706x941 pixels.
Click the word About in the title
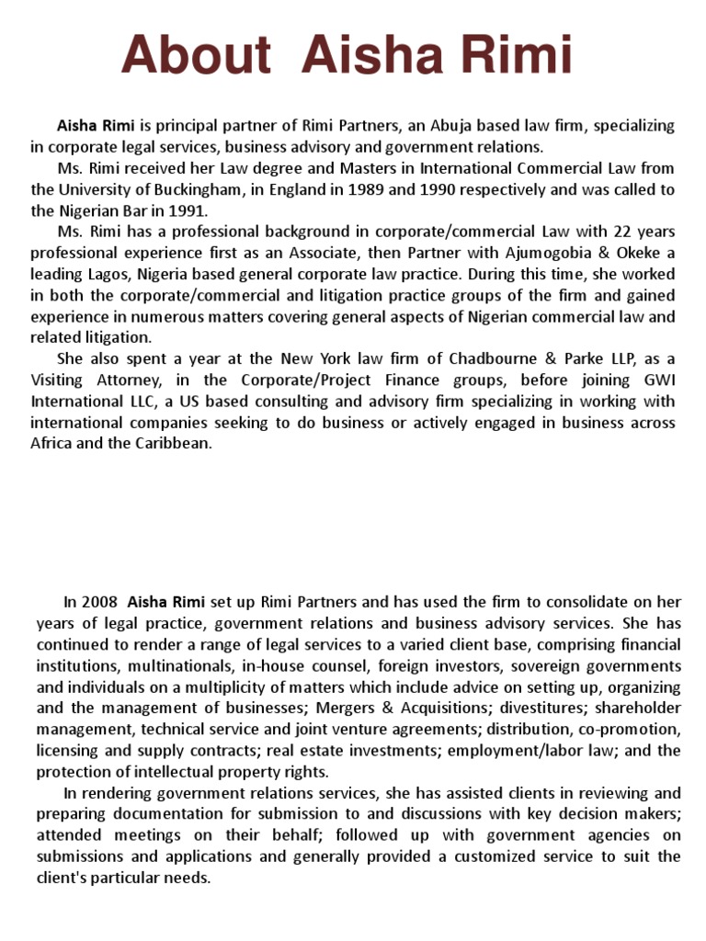point(196,57)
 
